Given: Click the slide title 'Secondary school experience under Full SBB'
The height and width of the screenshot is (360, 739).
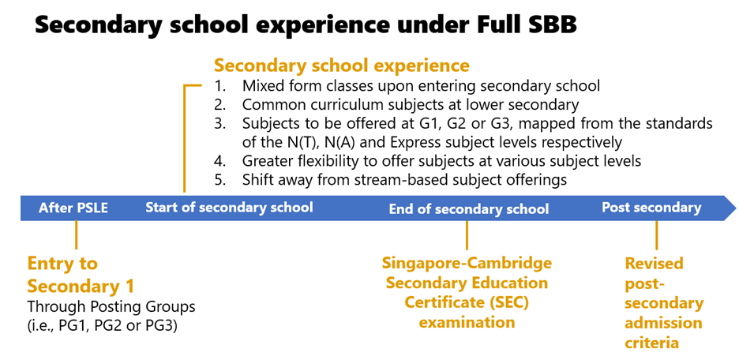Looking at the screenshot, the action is coord(306,25).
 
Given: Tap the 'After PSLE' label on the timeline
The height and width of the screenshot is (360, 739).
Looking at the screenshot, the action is coord(73,208).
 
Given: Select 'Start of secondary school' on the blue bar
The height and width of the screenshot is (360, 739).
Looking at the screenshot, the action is coord(229,208).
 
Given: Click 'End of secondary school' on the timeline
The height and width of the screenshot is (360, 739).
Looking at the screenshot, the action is coord(469,208).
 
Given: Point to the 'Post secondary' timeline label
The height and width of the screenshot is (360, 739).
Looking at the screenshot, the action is coord(651,208).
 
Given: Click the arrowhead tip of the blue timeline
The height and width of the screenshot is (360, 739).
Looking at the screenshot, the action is coord(736,208).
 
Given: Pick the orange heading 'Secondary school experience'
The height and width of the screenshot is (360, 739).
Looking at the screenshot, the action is coord(342,66).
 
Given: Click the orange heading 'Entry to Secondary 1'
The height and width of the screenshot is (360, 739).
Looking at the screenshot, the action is coord(81,274).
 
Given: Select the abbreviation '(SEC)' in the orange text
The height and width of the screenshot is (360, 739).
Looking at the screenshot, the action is coord(505,302).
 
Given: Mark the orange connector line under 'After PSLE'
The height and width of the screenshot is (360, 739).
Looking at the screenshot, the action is coord(76,234).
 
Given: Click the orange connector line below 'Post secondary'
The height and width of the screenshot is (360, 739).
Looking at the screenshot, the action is coord(657,235).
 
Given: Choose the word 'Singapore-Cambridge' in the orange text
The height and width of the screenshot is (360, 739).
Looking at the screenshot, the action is coord(467,263).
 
